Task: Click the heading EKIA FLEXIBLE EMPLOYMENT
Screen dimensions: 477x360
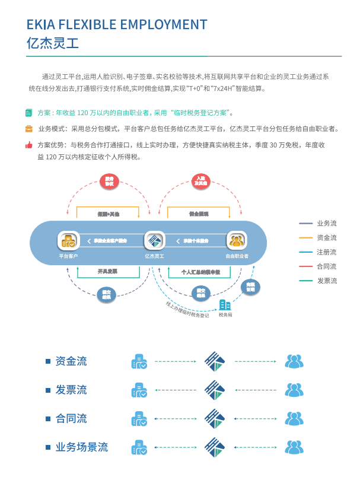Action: [117, 24]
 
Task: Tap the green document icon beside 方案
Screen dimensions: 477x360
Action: [28, 112]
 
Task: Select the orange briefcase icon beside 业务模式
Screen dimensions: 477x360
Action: [28, 128]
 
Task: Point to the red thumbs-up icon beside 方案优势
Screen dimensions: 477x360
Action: [28, 145]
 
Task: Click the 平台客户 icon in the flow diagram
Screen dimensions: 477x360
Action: [68, 240]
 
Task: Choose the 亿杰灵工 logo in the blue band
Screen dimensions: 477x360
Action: [154, 240]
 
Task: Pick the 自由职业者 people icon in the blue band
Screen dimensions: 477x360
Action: [237, 240]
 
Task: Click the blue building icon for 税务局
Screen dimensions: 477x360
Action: [225, 305]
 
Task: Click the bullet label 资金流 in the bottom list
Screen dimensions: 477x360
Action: [71, 361]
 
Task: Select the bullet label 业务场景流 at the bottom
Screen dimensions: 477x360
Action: [82, 447]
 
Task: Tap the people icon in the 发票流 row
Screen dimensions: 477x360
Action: [294, 390]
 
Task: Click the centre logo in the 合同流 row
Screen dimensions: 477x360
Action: [215, 418]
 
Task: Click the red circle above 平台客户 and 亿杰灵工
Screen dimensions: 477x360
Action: [109, 182]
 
